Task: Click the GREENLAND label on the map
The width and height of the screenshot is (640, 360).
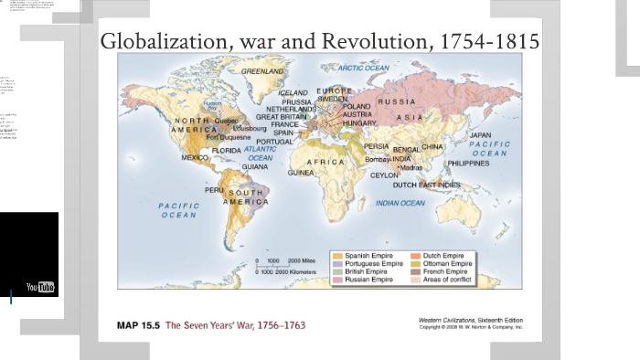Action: (262, 69)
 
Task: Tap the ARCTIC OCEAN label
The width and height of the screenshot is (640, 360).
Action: (364, 68)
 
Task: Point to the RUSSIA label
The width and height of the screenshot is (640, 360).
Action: (396, 101)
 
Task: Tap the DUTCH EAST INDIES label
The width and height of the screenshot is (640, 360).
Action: (427, 185)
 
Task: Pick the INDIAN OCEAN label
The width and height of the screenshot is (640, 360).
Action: (400, 203)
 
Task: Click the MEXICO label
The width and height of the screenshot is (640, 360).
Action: (195, 157)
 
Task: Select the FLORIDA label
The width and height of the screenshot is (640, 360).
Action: (226, 150)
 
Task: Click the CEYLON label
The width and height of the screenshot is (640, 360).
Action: (383, 175)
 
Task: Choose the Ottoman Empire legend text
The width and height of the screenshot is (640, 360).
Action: (447, 263)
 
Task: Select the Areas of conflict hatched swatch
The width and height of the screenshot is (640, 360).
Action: (416, 280)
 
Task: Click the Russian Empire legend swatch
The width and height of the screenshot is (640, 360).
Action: (337, 280)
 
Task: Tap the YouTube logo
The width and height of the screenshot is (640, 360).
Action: (40, 288)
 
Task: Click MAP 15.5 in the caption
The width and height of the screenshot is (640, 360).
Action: (138, 325)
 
